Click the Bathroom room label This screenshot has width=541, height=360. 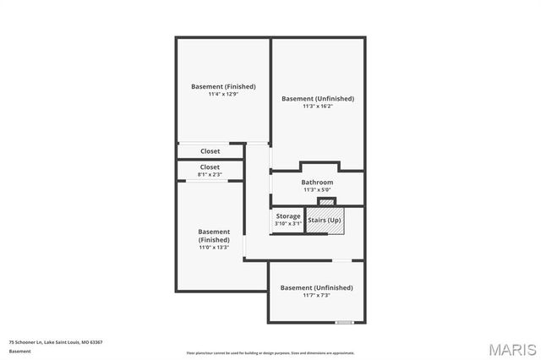(317, 183)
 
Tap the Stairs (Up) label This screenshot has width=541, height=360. (325, 221)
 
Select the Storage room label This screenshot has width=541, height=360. (288, 216)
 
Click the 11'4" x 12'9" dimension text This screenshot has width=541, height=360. (223, 94)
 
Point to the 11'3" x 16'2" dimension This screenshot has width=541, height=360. (317, 106)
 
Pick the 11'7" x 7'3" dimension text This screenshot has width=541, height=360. (316, 295)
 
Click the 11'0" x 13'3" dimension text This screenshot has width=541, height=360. (214, 248)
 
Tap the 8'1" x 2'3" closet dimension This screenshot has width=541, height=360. (210, 174)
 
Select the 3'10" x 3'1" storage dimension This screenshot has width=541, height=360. (288, 224)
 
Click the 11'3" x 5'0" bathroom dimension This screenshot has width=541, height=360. (317, 190)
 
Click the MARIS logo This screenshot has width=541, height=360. (511, 348)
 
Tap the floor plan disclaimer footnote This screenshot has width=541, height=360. (270, 353)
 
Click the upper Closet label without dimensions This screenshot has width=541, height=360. (210, 151)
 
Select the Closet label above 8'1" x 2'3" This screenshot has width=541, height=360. (210, 167)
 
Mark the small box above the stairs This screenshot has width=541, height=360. (326, 201)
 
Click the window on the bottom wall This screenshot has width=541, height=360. (344, 322)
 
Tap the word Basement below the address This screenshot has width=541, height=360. (19, 350)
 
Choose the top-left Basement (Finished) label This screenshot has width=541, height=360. (223, 86)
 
